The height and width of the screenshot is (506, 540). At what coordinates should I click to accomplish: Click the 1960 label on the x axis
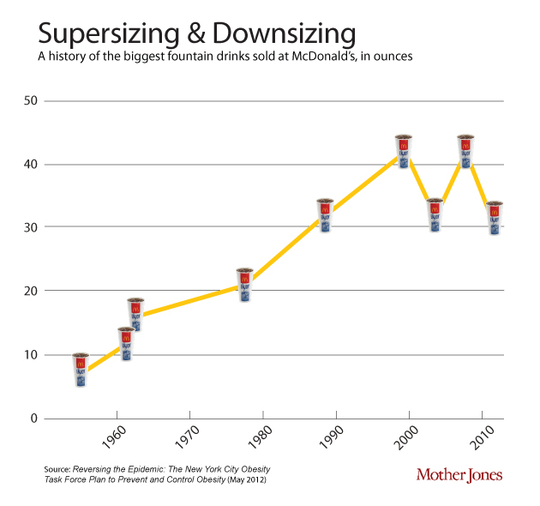click(116, 438)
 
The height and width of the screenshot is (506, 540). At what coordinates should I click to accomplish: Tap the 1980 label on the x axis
click(262, 438)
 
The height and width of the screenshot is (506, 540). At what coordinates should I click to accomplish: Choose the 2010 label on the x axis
click(483, 438)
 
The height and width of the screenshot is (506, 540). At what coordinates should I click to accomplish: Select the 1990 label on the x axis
click(336, 438)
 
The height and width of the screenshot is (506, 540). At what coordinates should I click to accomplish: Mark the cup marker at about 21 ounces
click(244, 286)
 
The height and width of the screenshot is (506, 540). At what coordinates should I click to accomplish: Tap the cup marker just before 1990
click(325, 216)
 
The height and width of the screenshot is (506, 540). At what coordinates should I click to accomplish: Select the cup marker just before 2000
click(404, 152)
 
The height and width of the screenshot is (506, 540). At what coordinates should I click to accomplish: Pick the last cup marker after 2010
click(495, 218)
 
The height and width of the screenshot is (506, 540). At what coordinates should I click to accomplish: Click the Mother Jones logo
click(459, 474)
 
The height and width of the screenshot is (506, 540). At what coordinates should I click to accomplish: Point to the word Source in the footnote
click(57, 469)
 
